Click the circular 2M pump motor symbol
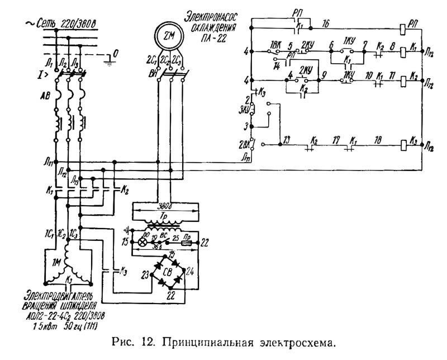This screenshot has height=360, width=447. pyautogui.click(x=169, y=35)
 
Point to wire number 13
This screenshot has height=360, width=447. pyautogui.click(x=286, y=138)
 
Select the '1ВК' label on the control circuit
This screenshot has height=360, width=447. pyautogui.click(x=275, y=44)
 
